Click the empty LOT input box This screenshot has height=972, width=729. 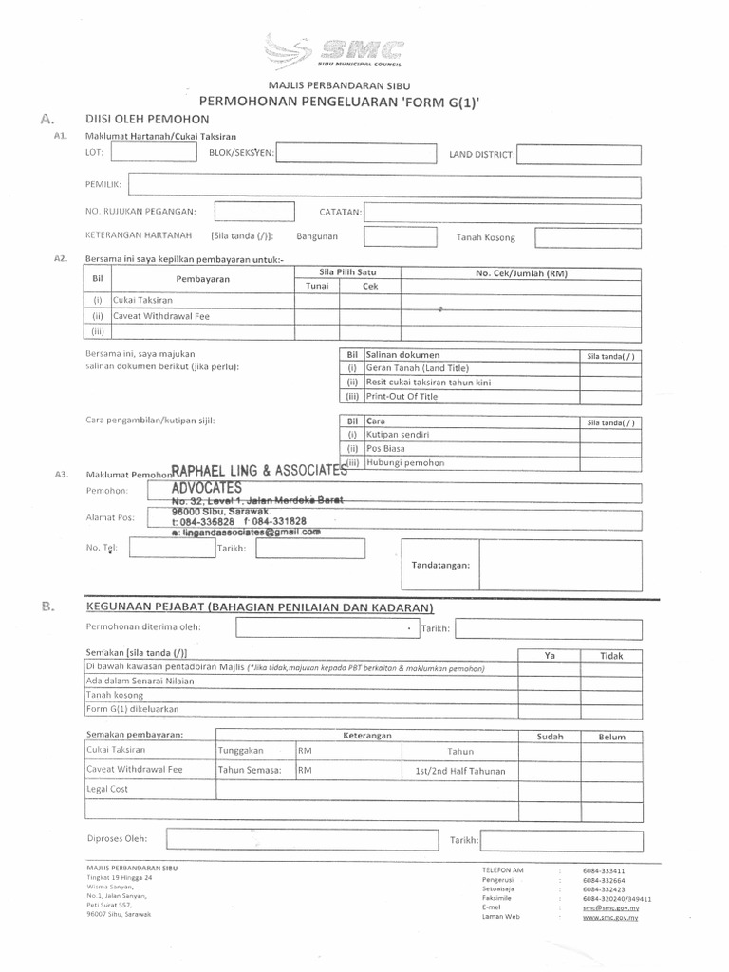click(x=139, y=154)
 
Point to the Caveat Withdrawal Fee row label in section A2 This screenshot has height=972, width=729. click(x=160, y=316)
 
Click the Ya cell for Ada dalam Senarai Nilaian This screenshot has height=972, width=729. click(x=549, y=681)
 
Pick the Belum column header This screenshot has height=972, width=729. click(x=611, y=736)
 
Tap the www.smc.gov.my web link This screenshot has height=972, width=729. click(x=609, y=918)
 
